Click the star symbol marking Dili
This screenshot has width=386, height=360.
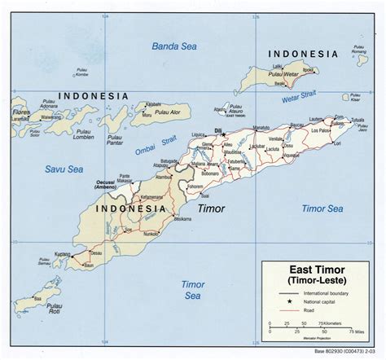click(x=222, y=134)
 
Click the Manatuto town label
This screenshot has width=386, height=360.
click(x=261, y=129)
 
